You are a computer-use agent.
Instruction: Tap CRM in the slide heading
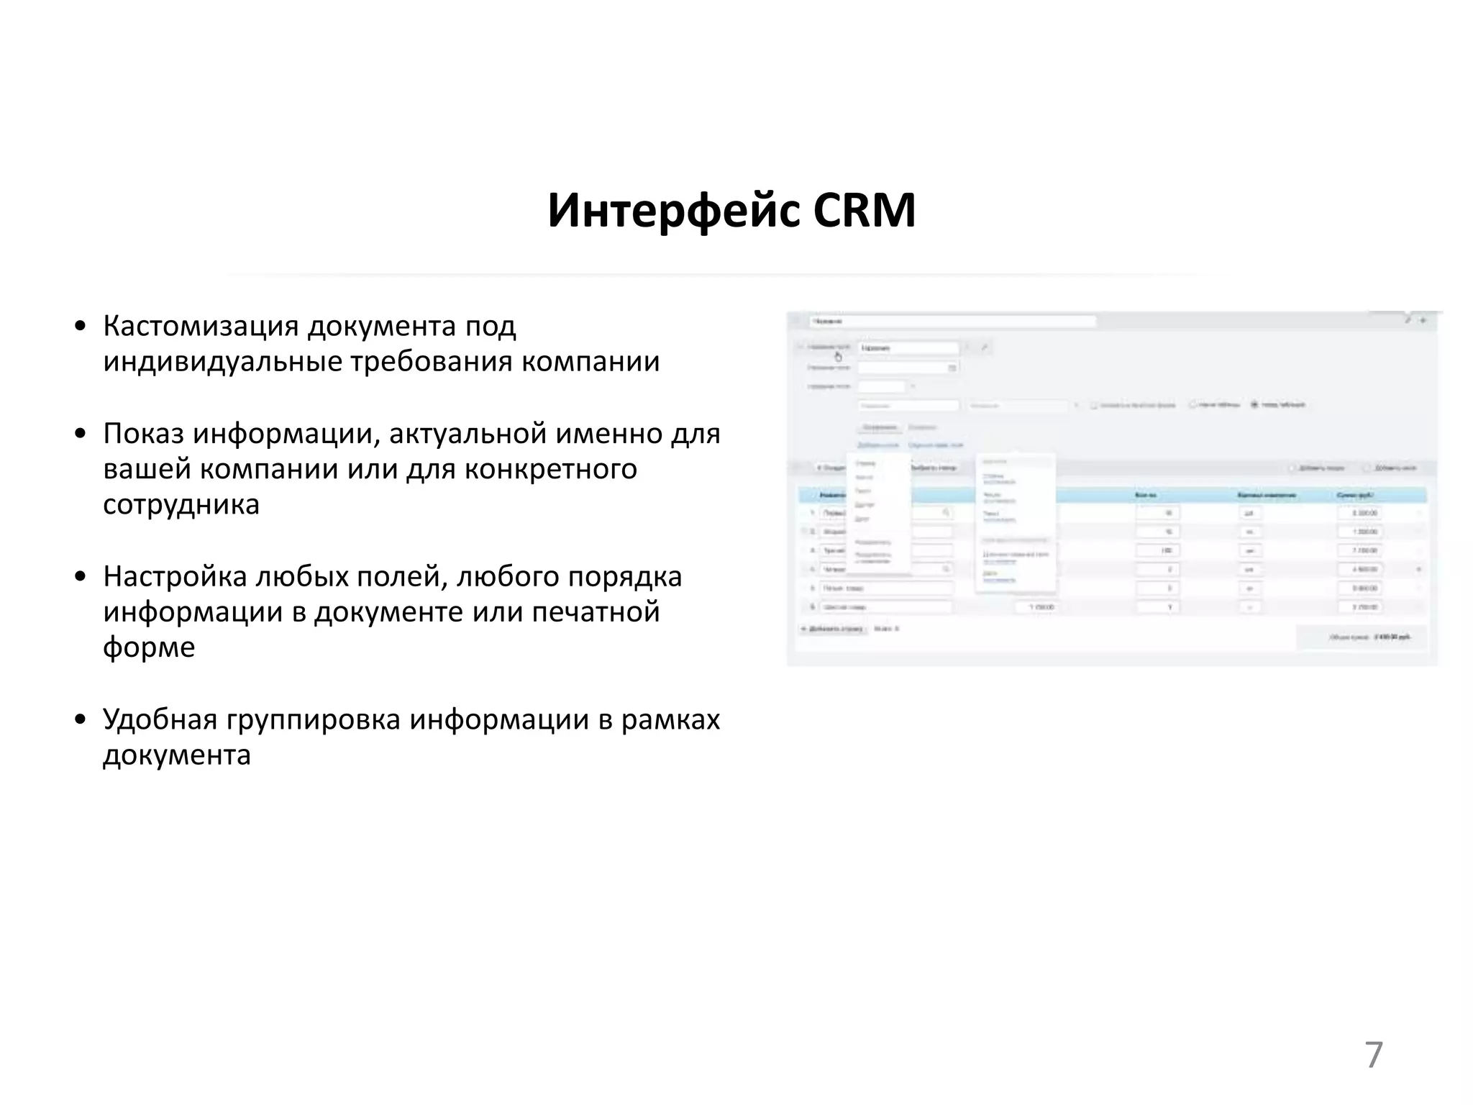[x=865, y=211]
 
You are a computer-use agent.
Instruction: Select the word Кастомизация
[x=201, y=327]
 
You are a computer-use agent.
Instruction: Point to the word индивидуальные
[x=222, y=361]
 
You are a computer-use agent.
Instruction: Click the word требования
[x=431, y=361]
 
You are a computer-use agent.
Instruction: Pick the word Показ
[x=143, y=434]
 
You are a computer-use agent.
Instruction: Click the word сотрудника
[x=181, y=504]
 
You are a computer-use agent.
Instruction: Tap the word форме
[x=149, y=647]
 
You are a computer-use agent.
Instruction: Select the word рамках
[x=670, y=720]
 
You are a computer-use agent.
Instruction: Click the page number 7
[x=1373, y=1055]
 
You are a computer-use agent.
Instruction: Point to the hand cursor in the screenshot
[x=838, y=357]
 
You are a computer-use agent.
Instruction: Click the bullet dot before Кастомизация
[x=81, y=327]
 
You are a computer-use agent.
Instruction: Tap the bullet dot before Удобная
[x=81, y=720]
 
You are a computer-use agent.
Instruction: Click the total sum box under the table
[x=1361, y=637]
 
